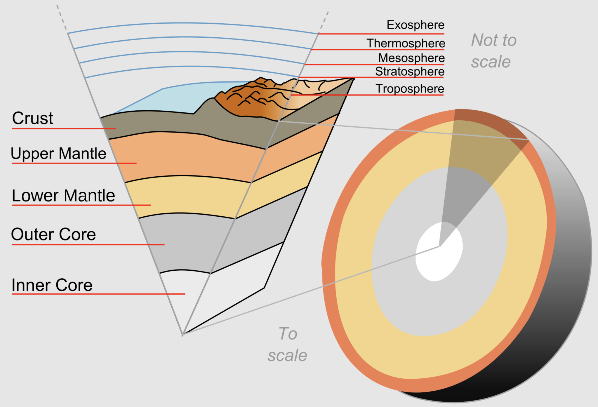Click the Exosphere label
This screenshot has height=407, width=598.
415,25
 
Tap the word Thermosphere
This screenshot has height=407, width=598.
406,43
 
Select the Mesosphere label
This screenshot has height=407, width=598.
411,58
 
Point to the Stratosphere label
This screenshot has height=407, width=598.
409,72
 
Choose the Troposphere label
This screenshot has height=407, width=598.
409,89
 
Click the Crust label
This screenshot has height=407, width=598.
32,118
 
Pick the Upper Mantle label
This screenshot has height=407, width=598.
58,154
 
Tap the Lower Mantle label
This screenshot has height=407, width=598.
63,196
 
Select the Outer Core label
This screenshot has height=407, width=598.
53,234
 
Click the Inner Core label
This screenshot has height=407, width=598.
52,285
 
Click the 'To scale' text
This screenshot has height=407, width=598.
288,345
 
